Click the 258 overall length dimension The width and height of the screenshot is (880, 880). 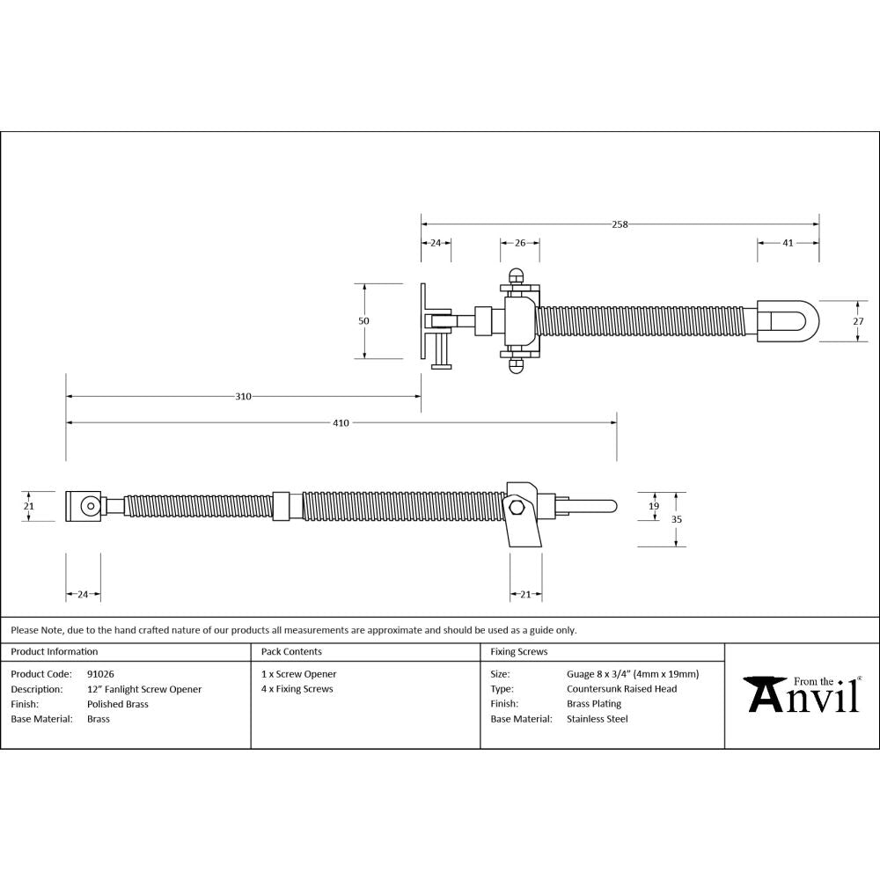620,224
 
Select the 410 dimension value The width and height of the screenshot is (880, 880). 341,423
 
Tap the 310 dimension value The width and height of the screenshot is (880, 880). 243,397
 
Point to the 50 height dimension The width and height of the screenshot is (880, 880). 363,321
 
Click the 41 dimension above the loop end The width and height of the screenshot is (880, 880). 788,243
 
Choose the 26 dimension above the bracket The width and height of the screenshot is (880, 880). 519,243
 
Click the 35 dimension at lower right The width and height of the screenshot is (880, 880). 676,519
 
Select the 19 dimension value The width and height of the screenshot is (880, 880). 653,506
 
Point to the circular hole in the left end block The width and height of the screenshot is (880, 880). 89,506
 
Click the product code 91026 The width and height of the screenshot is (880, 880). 100,674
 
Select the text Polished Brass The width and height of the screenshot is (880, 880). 118,704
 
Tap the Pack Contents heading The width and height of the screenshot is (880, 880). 291,652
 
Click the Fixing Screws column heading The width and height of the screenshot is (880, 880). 518,652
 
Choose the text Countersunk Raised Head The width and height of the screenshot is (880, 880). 621,689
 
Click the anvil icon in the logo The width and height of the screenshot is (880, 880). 763,693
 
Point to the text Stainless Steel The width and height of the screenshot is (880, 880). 597,719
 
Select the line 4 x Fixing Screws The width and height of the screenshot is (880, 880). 297,689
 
